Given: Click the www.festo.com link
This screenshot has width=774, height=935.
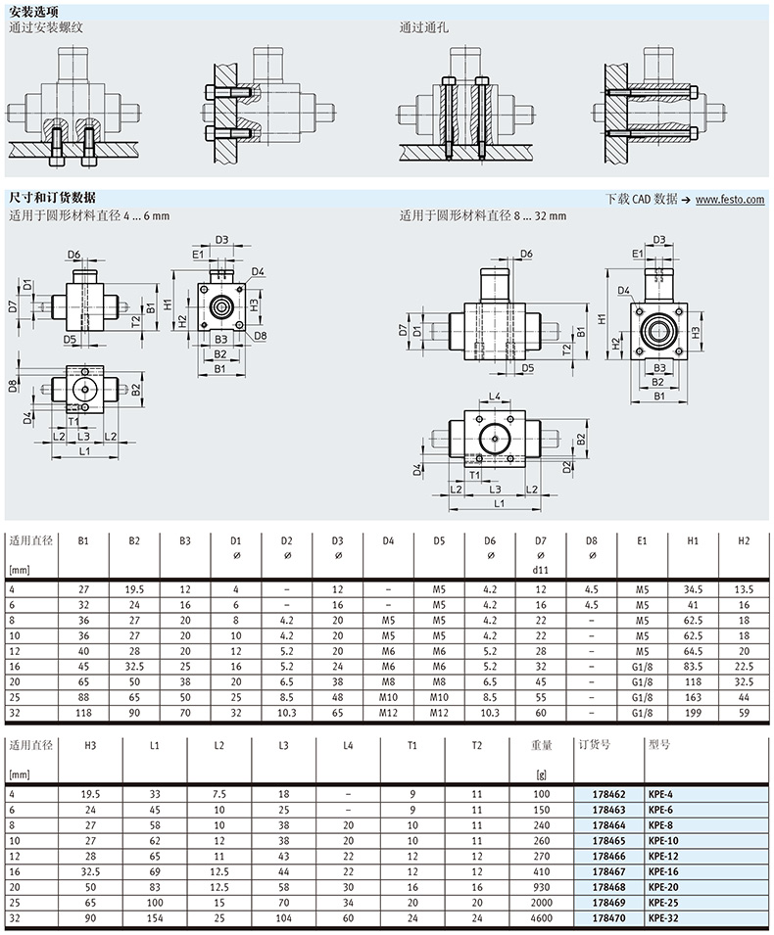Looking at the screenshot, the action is point(730,199).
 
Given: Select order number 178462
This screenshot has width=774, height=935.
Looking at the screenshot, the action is point(608,794).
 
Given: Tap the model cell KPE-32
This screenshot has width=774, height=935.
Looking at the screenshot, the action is point(663,918).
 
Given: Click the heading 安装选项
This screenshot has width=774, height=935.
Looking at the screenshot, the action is point(34,12).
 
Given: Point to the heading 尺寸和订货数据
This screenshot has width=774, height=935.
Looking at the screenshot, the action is point(52,198).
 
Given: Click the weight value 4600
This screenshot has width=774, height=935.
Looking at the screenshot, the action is point(541,918).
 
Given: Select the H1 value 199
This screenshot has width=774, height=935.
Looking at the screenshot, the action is point(693,713).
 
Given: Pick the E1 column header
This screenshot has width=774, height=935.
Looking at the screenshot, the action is point(642,540).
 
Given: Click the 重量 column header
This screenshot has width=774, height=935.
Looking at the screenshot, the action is point(541,745).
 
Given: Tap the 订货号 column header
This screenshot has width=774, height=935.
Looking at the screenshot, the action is point(595,745).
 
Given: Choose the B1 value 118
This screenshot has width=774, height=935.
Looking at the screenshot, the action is point(83,713).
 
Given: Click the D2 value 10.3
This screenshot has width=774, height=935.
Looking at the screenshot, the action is point(286,713).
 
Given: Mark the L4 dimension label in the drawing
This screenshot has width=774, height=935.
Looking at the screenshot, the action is point(495,396).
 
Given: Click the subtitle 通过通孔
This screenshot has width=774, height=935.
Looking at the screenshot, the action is point(423,27).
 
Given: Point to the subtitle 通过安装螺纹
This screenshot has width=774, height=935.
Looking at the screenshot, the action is point(46,27).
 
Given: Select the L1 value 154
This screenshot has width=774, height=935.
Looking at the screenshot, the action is point(155,918).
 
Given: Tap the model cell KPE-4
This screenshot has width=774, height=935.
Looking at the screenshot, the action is point(660,794).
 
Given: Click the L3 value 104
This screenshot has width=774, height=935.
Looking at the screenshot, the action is point(283,918).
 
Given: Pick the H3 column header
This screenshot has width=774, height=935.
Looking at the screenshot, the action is point(90,745).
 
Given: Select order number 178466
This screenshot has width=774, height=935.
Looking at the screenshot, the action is point(608,857).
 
